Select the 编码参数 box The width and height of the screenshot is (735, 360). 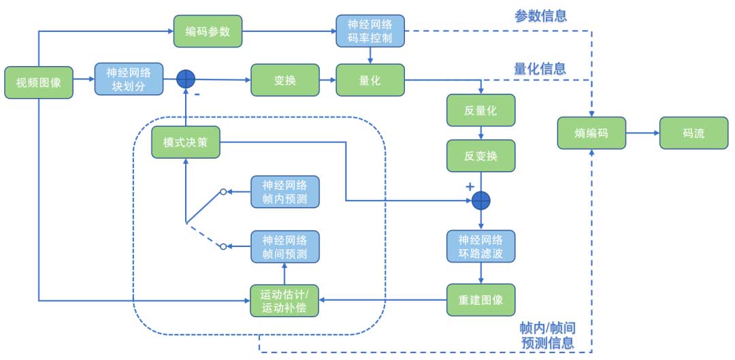208,31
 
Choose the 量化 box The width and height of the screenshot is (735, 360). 370,80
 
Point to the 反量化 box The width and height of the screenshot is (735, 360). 480,110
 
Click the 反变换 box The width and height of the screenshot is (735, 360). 480,156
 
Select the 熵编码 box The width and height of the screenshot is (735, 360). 591,133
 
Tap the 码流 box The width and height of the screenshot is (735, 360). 693,133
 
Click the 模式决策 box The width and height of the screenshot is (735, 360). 186,143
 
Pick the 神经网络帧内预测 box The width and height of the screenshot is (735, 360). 285,192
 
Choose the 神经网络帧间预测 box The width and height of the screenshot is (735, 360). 285,247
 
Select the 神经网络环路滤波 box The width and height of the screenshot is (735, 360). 480,247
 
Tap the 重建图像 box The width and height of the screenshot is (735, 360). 480,299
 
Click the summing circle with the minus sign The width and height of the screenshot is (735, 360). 186,80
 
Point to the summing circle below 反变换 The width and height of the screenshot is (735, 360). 481,200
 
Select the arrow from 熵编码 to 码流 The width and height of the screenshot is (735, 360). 642,133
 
